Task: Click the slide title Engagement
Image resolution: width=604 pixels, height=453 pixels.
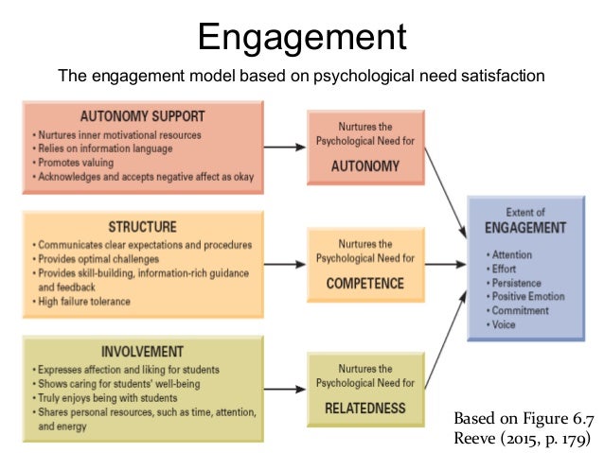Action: pyautogui.click(x=301, y=38)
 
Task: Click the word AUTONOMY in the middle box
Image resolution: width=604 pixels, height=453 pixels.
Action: pyautogui.click(x=364, y=166)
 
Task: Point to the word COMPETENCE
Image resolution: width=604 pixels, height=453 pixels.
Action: pyautogui.click(x=364, y=283)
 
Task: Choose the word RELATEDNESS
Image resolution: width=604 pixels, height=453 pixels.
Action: pyautogui.click(x=364, y=409)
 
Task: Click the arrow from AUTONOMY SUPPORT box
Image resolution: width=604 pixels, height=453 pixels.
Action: pyautogui.click(x=283, y=148)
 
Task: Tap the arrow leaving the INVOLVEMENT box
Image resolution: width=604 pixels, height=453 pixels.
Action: pyautogui.click(x=283, y=383)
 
